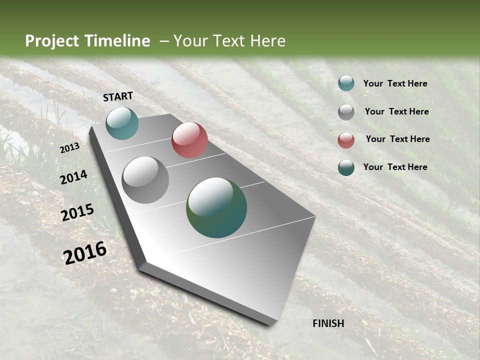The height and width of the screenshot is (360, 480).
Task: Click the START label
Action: coord(118,96)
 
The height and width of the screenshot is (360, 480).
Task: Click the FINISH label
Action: coord(328,323)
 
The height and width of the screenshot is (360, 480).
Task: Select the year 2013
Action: coord(69,148)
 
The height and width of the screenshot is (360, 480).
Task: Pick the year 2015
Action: coord(77,212)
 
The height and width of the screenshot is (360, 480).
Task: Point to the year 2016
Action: coord(85,253)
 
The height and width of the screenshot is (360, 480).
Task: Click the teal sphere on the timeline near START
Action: coord(122,123)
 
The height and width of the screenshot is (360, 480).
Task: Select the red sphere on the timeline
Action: coord(189,140)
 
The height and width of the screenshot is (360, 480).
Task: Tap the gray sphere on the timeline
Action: coord(145,180)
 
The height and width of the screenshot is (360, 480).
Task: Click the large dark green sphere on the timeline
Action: coord(216,207)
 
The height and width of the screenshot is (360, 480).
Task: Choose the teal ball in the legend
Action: coord(346,83)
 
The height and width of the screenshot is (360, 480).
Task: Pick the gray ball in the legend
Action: coord(346,112)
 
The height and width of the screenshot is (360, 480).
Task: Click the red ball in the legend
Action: coord(346,140)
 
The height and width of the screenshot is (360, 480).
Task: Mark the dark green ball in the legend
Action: coord(346,167)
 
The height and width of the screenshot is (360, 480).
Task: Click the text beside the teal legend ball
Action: coord(395,84)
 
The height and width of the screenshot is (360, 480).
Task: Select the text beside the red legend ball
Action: coord(397,139)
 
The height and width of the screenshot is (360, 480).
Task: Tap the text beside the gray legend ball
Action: coord(396,111)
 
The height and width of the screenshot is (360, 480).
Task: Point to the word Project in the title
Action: coord(52,41)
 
